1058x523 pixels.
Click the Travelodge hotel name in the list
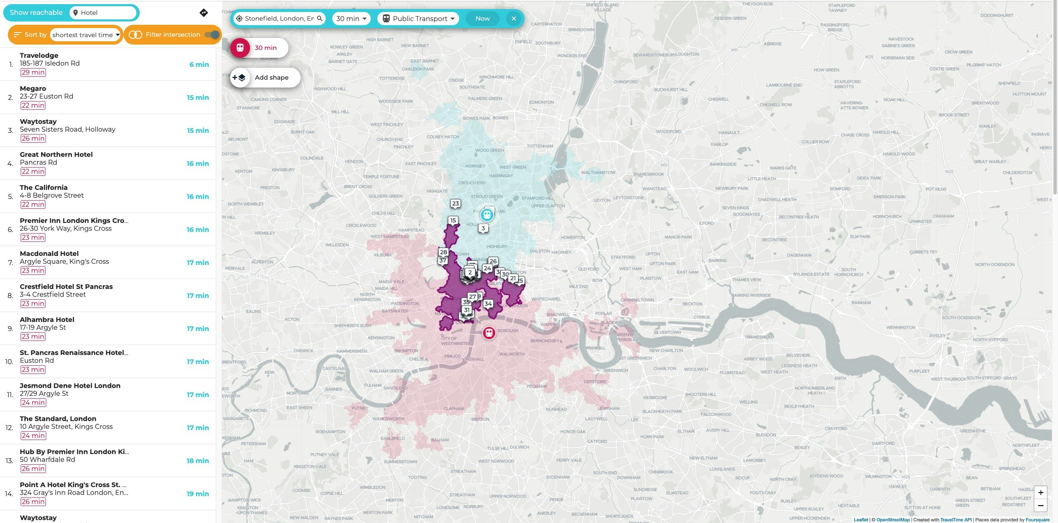(x=39, y=55)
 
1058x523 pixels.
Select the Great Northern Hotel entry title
(x=56, y=154)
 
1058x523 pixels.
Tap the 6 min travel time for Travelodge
(x=199, y=64)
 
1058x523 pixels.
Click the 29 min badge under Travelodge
(x=33, y=72)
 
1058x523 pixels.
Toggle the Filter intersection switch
(x=212, y=35)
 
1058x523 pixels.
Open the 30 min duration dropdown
(x=351, y=19)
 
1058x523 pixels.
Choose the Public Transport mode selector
(x=418, y=19)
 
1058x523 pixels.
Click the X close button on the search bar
(x=514, y=19)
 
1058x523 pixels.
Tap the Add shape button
(x=265, y=78)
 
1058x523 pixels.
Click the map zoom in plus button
(x=1041, y=492)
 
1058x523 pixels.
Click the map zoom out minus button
(x=1041, y=506)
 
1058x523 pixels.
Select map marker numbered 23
(x=455, y=204)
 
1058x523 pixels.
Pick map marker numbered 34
(x=488, y=304)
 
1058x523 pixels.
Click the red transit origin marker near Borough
(x=489, y=333)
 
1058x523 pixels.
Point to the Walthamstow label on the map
(x=598, y=173)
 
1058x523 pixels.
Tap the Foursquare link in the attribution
(x=1037, y=520)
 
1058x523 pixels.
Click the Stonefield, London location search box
(x=279, y=19)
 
